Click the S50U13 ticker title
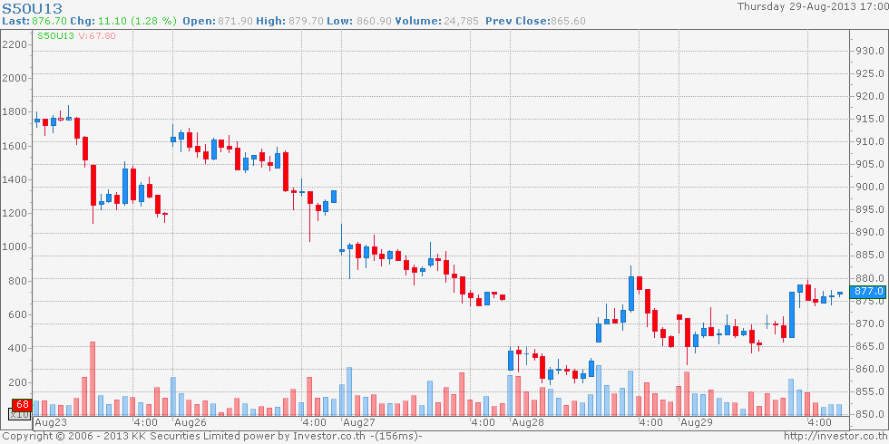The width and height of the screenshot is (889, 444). point(32,7)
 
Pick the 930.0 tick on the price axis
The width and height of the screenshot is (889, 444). point(869,50)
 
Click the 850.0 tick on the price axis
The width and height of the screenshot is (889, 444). point(869,414)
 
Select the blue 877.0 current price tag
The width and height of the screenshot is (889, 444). point(869,291)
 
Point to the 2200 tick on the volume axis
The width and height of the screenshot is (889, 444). point(15,43)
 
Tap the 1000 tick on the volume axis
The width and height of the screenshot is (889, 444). point(15,246)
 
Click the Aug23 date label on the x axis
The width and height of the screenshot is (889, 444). point(50,422)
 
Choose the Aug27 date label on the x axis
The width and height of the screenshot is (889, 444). point(358,422)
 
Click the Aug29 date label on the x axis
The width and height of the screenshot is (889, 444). point(696,422)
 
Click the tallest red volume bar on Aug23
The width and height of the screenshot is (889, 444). point(93,378)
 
